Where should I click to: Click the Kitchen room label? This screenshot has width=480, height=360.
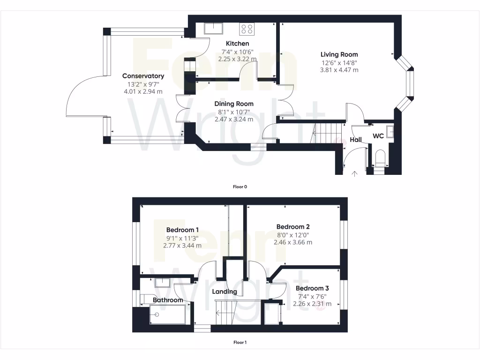pyautogui.click(x=237, y=44)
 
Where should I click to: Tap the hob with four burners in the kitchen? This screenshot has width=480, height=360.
pyautogui.click(x=247, y=29)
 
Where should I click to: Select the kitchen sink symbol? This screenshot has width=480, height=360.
pyautogui.click(x=214, y=29)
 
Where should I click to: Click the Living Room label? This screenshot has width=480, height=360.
pyautogui.click(x=339, y=54)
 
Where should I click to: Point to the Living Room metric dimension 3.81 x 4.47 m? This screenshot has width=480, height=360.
pyautogui.click(x=339, y=70)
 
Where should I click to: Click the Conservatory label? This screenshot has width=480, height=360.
pyautogui.click(x=143, y=76)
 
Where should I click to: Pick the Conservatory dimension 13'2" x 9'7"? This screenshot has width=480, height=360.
pyautogui.click(x=143, y=84)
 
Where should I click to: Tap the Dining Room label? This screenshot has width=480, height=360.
pyautogui.click(x=234, y=104)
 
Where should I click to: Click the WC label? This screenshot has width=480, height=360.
pyautogui.click(x=378, y=136)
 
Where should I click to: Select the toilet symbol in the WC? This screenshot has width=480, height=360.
pyautogui.click(x=380, y=158)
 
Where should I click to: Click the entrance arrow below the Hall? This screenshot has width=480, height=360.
pyautogui.click(x=354, y=174)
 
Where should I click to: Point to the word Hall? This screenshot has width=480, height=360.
pyautogui.click(x=356, y=140)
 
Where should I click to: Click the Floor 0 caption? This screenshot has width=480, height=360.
pyautogui.click(x=240, y=187)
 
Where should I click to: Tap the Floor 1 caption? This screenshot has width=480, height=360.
pyautogui.click(x=240, y=342)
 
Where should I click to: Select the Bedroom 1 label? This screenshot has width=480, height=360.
pyautogui.click(x=182, y=230)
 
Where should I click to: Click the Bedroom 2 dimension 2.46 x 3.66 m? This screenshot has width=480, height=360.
pyautogui.click(x=293, y=242)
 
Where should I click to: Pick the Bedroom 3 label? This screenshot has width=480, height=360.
pyautogui.click(x=312, y=288)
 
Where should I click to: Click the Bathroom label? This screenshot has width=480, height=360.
pyautogui.click(x=168, y=300)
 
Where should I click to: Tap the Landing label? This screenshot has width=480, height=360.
pyautogui.click(x=225, y=292)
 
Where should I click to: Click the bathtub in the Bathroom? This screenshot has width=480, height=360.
pyautogui.click(x=167, y=314)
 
